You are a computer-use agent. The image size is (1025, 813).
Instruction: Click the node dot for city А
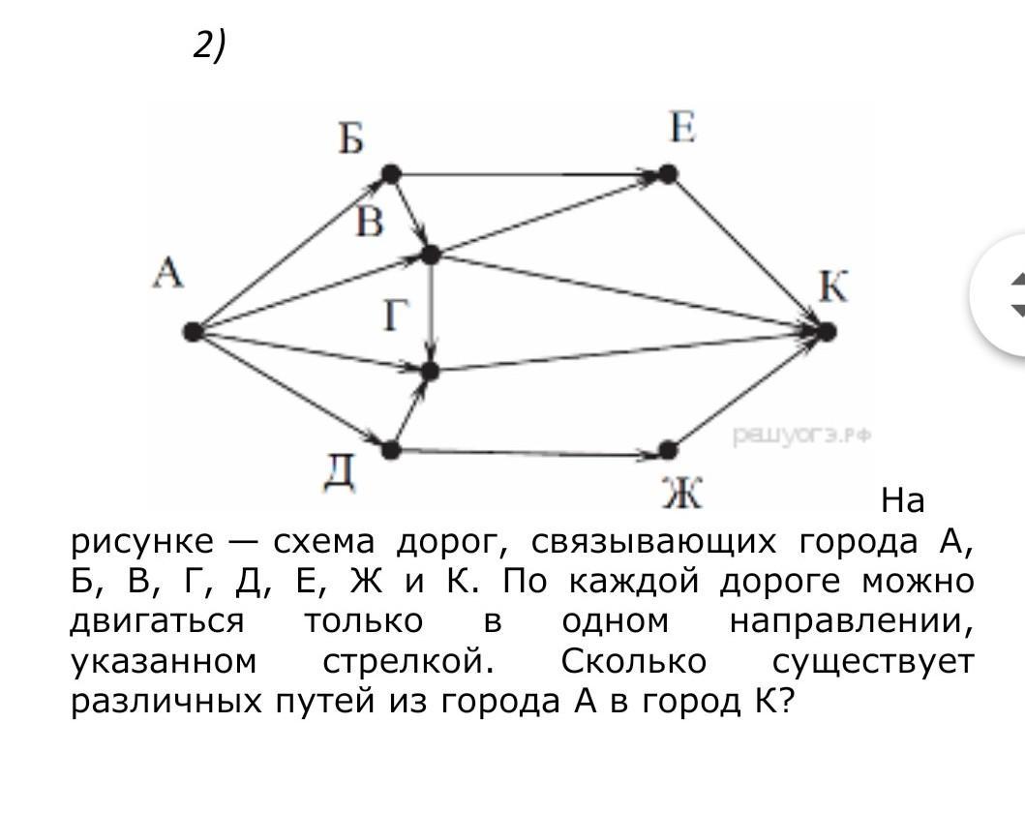[x=194, y=332]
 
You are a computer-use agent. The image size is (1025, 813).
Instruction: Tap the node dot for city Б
[x=391, y=174]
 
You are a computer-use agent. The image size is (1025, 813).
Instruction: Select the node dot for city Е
[x=667, y=174]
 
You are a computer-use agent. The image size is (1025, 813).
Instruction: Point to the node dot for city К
[x=826, y=332]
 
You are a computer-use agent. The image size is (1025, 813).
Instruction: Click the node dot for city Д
[x=391, y=449]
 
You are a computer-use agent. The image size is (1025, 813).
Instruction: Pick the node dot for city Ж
[x=667, y=450]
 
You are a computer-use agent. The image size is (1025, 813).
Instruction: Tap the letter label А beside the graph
[x=167, y=276]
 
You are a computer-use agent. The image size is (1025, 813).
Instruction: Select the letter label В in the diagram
[x=370, y=224]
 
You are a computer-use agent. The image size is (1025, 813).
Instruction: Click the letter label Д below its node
[x=338, y=474]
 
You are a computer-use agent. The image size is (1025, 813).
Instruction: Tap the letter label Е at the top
[x=681, y=129]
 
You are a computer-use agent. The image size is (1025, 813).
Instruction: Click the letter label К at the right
[x=832, y=287]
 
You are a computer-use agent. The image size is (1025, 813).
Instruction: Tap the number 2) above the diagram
[x=208, y=45]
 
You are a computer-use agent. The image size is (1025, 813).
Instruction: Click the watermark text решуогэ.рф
[x=801, y=436]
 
